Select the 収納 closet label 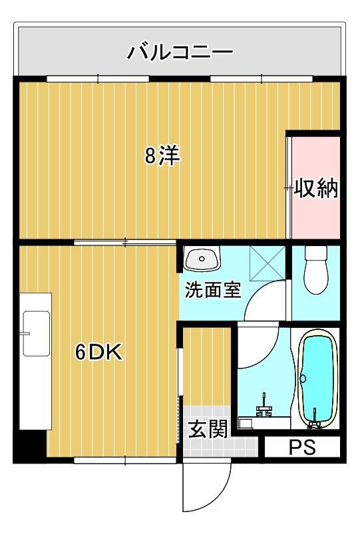[316, 189]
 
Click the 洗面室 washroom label [212, 291]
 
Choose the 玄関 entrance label [207, 430]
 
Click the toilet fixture [315, 270]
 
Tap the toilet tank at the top [315, 253]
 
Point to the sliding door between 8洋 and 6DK [126, 242]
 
